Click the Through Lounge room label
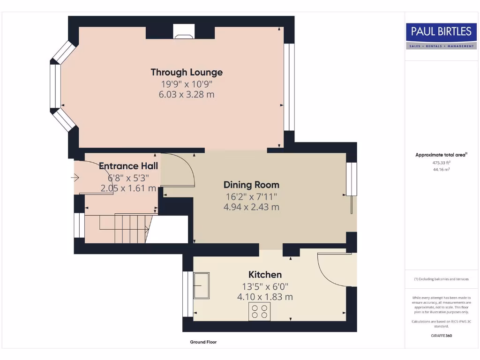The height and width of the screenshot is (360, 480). click(x=187, y=72)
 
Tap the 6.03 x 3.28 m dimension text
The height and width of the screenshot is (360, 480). click(x=187, y=94)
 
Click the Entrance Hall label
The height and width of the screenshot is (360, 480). click(x=128, y=166)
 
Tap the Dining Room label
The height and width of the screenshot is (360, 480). click(x=251, y=185)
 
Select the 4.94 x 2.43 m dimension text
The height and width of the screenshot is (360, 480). click(x=251, y=207)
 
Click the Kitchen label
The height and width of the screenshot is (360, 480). click(x=265, y=275)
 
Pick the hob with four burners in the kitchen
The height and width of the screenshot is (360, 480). click(x=259, y=312)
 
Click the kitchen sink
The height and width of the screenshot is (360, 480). click(x=202, y=285)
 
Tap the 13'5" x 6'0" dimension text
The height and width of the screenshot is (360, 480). click(x=265, y=286)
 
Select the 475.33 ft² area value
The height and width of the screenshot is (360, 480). click(x=441, y=163)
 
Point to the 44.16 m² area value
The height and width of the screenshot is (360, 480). click(x=441, y=170)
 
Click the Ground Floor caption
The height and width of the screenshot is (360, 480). click(x=203, y=342)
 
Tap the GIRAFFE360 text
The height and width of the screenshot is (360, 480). click(x=441, y=336)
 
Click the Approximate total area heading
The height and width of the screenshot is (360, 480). click(x=441, y=155)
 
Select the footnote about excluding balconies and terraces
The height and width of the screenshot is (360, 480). click(x=441, y=279)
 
